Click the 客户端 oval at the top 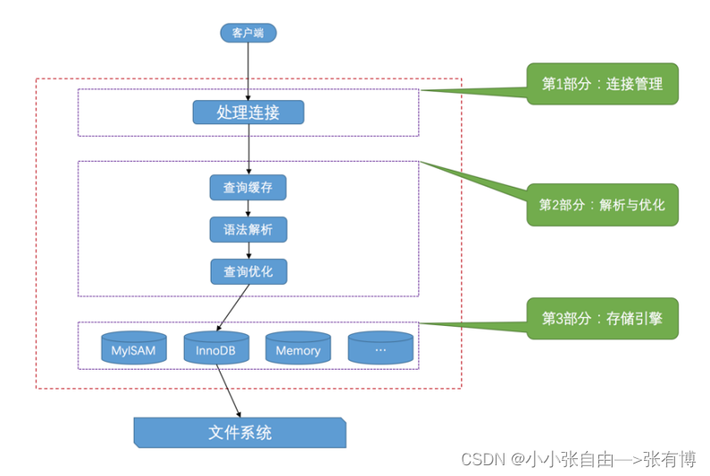click(x=248, y=33)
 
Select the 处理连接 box click(x=248, y=113)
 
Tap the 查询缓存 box click(x=248, y=188)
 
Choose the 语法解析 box click(x=248, y=230)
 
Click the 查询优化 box click(x=248, y=271)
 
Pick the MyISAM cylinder click(x=134, y=349)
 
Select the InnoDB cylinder click(x=216, y=349)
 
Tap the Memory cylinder click(x=298, y=349)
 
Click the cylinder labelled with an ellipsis click(x=380, y=349)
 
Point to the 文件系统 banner click(x=239, y=433)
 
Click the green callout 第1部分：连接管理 click(x=602, y=84)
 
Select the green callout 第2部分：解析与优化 click(x=602, y=205)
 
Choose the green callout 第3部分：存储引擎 click(x=602, y=318)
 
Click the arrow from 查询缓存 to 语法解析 click(x=248, y=209)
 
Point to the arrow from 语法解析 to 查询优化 click(x=248, y=250)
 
